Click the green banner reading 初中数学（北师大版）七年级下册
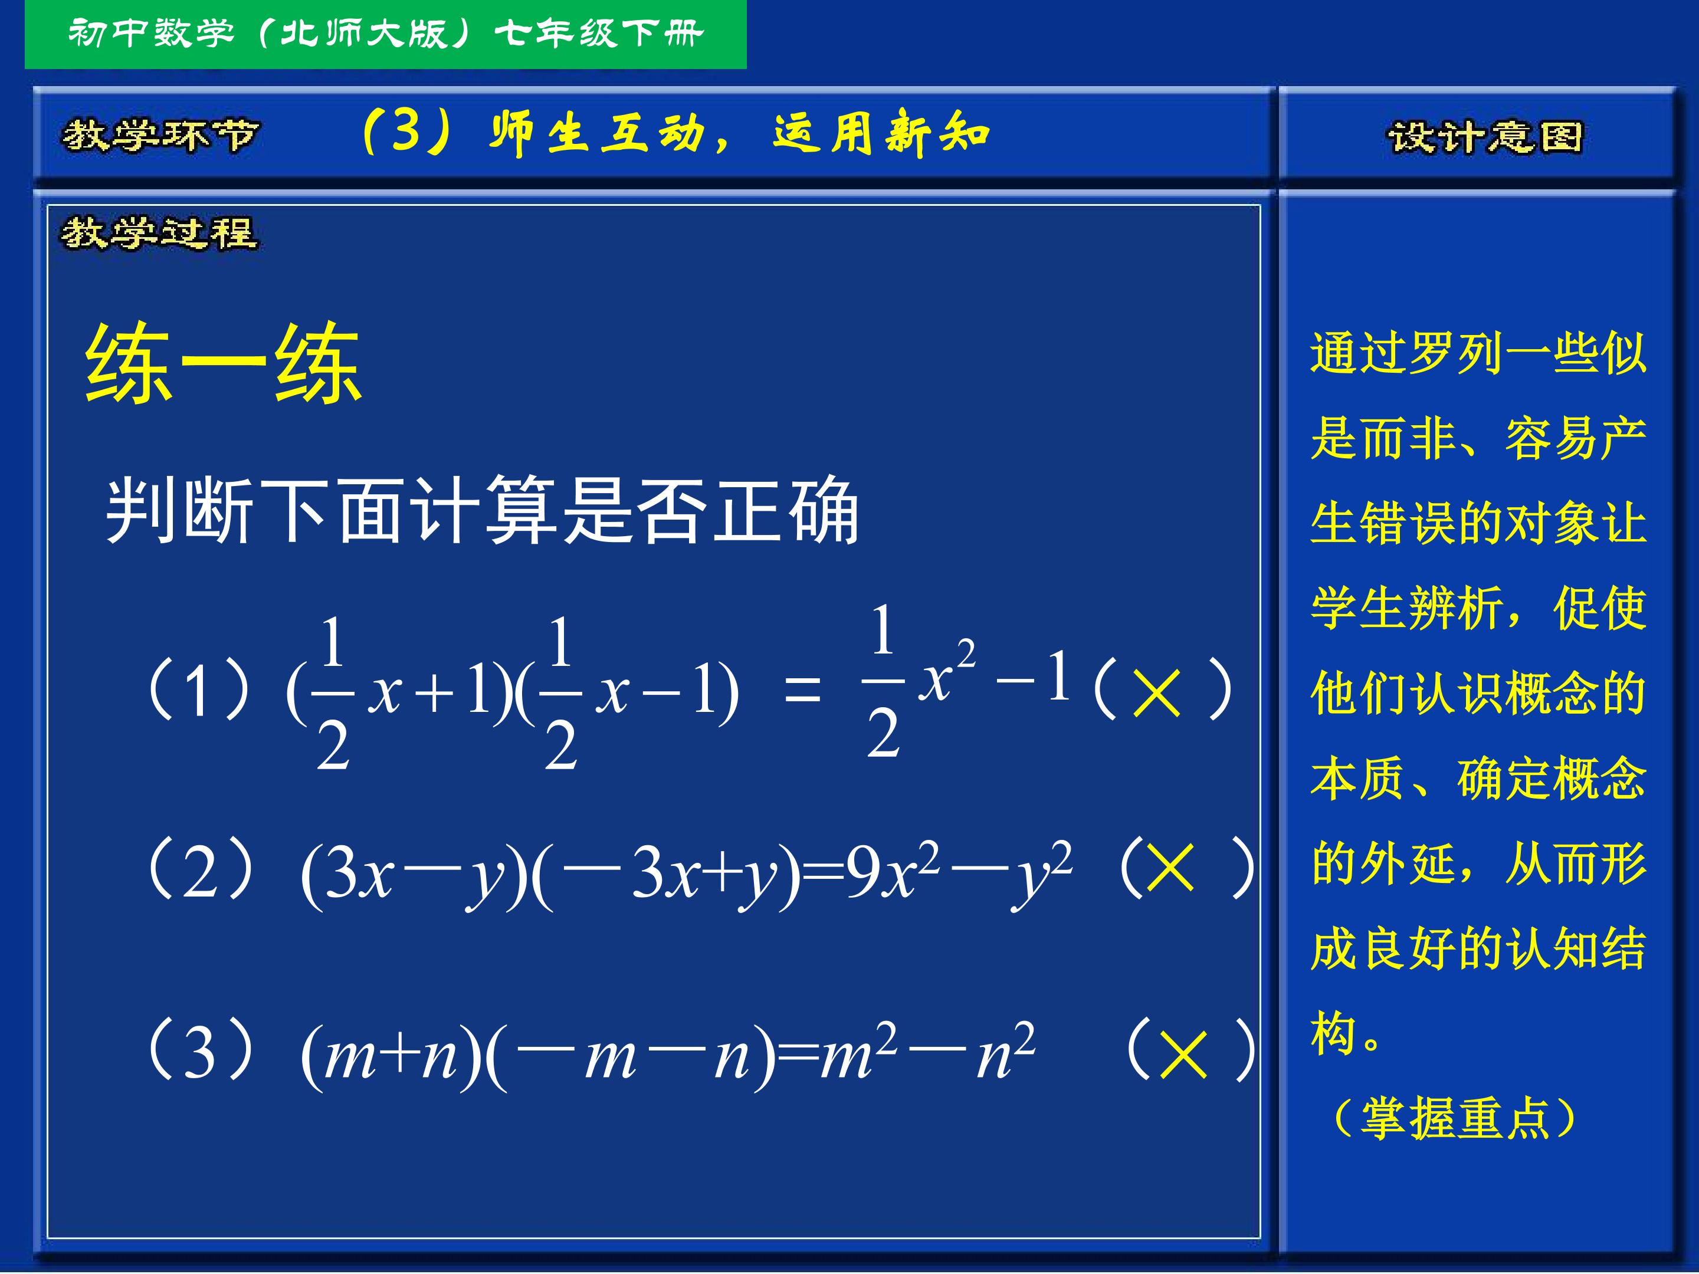386,35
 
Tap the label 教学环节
160,136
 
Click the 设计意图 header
1485,137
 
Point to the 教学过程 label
160,233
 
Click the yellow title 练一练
223,363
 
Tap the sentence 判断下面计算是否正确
481,510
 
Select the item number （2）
200,869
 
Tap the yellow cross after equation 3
1183,1053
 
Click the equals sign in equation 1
803,689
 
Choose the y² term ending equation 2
1042,875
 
